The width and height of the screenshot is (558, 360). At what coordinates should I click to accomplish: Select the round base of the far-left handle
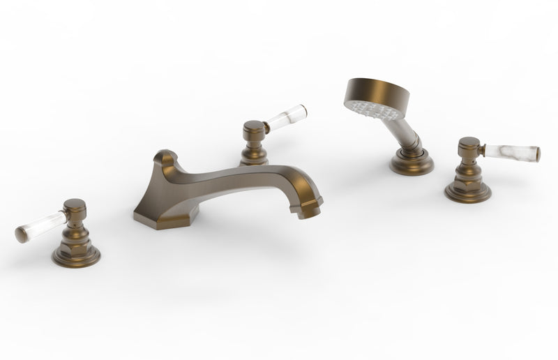pyautogui.click(x=75, y=255)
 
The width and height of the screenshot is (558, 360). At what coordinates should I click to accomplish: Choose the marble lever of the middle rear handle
pyautogui.click(x=287, y=117)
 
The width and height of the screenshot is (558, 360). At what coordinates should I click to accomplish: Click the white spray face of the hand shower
pyautogui.click(x=370, y=109)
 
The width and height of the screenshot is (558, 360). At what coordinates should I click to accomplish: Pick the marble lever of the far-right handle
pyautogui.click(x=513, y=152)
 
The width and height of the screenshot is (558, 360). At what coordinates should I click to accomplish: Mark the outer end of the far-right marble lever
pyautogui.click(x=536, y=154)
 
